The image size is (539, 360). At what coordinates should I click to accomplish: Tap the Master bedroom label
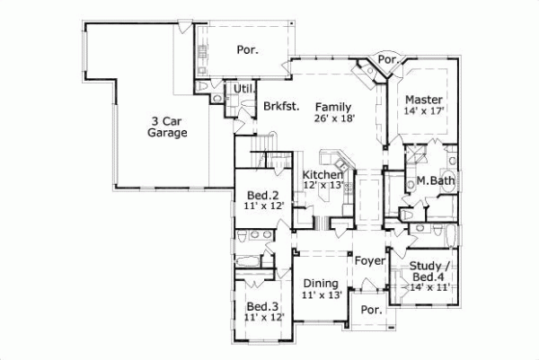tap(420, 99)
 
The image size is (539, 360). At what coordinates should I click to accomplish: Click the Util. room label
tap(243, 89)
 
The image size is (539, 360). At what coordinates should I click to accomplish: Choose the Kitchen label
tap(322, 174)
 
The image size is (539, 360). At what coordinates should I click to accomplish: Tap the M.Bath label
tap(436, 181)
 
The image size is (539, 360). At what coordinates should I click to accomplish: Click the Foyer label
tap(369, 261)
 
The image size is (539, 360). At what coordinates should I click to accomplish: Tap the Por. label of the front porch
tap(370, 310)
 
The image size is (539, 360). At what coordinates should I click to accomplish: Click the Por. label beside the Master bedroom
tap(388, 59)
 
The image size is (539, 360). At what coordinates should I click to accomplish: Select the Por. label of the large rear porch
tap(247, 50)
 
